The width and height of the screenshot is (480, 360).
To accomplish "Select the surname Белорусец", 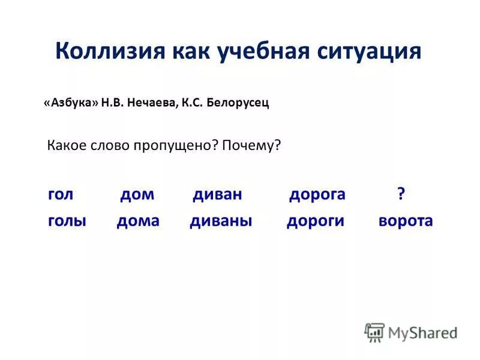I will [237, 103].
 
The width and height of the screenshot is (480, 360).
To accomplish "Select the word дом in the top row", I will [137, 194].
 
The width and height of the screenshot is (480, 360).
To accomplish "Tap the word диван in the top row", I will [217, 194].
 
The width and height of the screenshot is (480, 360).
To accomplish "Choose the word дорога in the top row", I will [317, 194].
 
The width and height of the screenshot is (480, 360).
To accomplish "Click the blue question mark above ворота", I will [401, 194].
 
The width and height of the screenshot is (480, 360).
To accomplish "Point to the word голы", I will [67, 221].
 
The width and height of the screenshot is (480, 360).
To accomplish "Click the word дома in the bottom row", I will [138, 221].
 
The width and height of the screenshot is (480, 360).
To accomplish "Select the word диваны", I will [221, 221].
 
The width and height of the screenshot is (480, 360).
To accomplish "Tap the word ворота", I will [406, 221].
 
